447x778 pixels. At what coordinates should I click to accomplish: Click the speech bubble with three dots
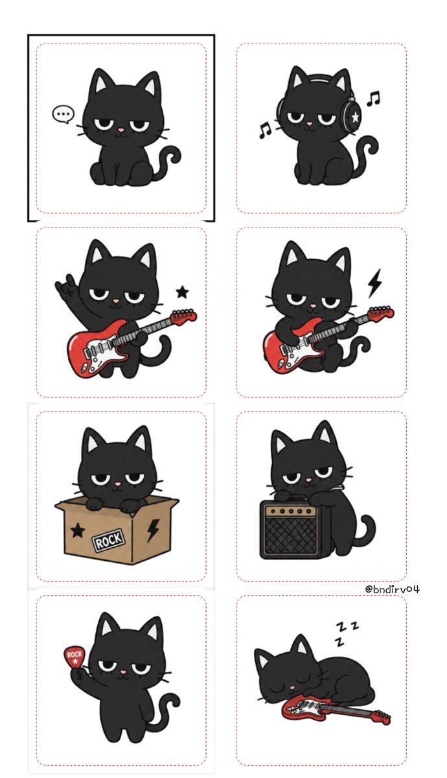[x=63, y=113]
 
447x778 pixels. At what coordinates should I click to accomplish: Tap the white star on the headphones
[x=355, y=117]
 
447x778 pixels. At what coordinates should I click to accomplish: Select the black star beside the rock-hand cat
[x=182, y=292]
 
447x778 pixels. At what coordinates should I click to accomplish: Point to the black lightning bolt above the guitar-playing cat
[x=375, y=283]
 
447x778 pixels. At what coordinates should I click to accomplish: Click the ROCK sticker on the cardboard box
[x=108, y=540]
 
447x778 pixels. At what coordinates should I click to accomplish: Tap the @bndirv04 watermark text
[x=392, y=589]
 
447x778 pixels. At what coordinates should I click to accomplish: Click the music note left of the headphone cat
[x=265, y=130]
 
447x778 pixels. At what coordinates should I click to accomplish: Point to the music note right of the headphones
[x=373, y=99]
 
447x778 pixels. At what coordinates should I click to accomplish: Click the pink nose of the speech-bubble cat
[x=120, y=130]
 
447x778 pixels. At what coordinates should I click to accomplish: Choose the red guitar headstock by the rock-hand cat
[x=184, y=316]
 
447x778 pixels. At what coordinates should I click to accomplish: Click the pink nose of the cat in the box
[x=117, y=484]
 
